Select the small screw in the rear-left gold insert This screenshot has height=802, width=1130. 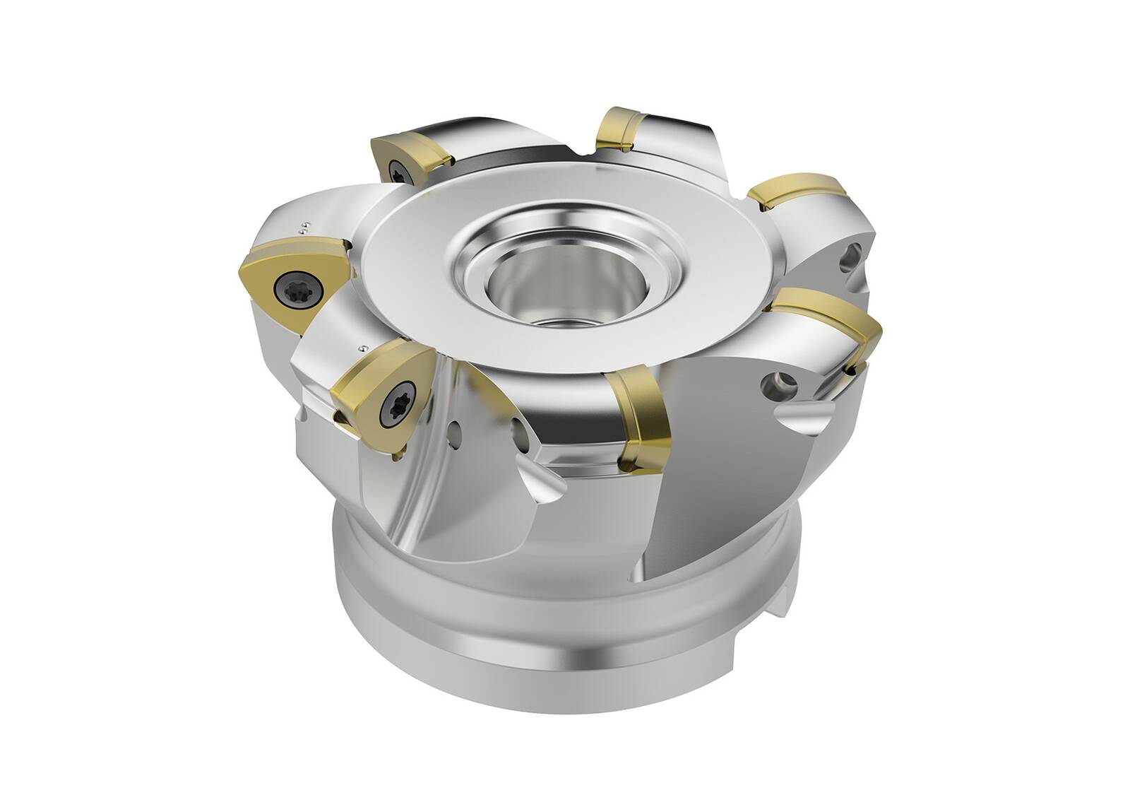tap(393, 168)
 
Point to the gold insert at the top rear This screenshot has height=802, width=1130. tap(621, 130)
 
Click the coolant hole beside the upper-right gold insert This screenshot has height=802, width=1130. tap(852, 257)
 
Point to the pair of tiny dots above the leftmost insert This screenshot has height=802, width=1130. tap(304, 226)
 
